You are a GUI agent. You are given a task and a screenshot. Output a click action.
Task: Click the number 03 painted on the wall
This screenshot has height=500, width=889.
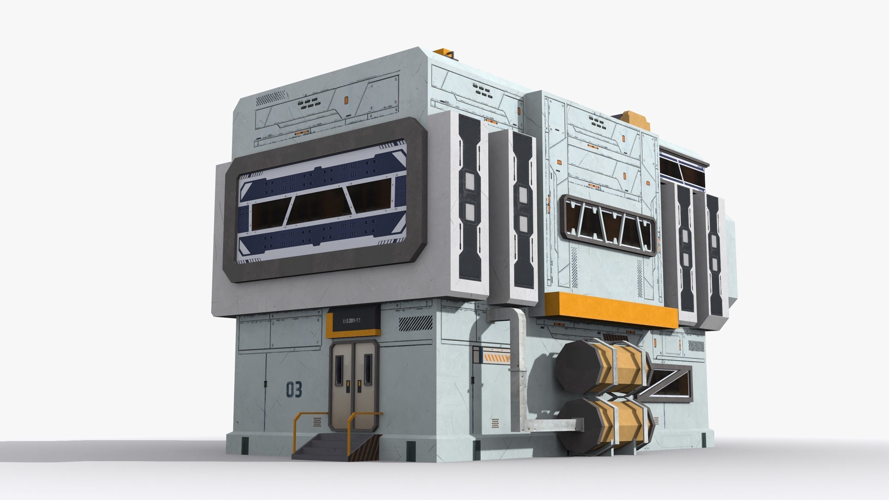[294, 389]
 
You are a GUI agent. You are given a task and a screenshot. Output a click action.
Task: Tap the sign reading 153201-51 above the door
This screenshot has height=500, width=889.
[351, 321]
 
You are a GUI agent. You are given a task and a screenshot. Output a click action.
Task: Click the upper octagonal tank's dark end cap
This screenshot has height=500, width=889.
[578, 366]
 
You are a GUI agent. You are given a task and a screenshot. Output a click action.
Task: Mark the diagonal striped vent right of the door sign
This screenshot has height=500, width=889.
[415, 323]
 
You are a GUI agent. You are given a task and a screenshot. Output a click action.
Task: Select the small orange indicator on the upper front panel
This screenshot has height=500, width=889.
[346, 100]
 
